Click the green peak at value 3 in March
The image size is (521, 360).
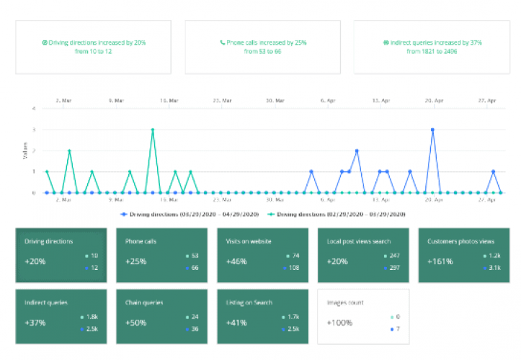coord(153,130)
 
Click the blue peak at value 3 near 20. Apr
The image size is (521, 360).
coord(432,130)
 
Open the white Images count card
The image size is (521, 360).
coord(363,316)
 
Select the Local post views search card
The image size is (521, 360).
coord(363,255)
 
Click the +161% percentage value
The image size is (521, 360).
coord(440,261)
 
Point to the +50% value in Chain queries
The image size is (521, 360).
coord(136,323)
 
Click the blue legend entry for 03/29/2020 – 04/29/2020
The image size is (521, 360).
coord(190,215)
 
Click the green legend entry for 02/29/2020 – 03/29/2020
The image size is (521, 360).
coord(337,215)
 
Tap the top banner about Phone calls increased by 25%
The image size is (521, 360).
coord(263,47)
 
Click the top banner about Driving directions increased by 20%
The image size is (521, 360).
coord(94,47)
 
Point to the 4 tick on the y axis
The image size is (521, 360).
coord(33,109)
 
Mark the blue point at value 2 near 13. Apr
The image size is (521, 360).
coord(357,151)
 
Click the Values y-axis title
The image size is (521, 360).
coord(25,151)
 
